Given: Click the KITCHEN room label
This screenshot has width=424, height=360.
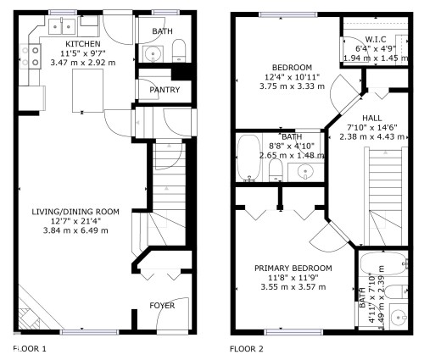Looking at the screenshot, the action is coord(83,44).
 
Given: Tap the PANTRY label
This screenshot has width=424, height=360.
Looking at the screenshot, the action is coord(165,90).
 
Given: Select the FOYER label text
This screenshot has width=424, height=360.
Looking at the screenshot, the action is coord(162,306).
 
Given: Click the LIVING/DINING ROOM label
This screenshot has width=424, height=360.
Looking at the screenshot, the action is coord(75,212).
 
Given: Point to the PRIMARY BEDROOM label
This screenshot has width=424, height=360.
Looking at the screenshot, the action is coord(293,269).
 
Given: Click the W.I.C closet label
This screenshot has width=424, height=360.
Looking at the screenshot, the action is coord(376,40).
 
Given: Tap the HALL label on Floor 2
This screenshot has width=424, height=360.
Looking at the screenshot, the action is coord(371,118).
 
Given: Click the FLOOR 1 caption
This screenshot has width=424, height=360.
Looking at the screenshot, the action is coord(30,349).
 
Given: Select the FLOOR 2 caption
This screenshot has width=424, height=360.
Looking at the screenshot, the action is coord(247,349).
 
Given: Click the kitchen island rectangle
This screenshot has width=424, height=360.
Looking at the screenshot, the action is coord(87,91).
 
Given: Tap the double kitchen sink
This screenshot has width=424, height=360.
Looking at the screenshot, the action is coord(62,26).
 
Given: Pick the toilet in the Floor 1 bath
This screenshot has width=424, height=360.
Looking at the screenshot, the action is coord(179,51).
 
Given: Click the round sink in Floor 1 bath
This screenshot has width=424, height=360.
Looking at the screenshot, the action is coord(153,53).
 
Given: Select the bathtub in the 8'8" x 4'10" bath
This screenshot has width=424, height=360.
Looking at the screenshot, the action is coord(248,158).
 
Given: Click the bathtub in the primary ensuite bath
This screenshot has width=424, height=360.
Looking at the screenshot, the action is coord(383,263).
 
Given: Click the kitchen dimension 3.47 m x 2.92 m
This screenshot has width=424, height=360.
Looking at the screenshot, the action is coord(83,63).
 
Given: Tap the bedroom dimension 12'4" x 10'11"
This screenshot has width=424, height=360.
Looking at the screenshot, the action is coord(292,77).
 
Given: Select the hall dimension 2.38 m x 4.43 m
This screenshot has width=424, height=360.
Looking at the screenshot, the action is coord(371,136).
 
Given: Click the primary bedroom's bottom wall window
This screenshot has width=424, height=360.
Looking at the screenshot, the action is coord(293,332).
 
